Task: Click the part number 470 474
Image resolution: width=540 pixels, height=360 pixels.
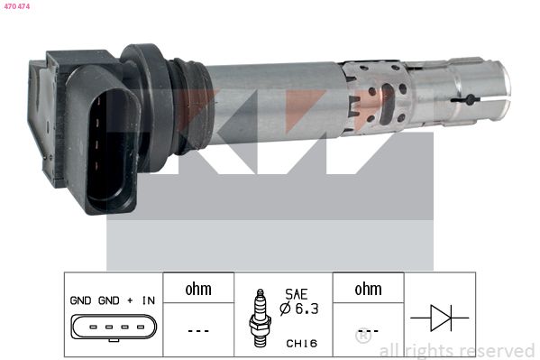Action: point(17,6)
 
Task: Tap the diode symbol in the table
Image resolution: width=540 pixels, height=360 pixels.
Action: point(440,318)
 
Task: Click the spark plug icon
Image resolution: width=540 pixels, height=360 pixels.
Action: point(260,318)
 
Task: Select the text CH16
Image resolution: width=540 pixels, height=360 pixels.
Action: point(302,343)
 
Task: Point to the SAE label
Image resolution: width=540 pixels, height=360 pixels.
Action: point(297,294)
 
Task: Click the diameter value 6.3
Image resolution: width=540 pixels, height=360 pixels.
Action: point(307,309)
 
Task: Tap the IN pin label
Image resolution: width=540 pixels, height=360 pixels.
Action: point(149,300)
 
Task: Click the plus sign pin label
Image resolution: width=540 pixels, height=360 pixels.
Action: point(130,300)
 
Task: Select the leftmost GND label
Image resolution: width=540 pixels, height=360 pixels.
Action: point(80,300)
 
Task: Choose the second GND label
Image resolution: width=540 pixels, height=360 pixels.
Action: point(109,300)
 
